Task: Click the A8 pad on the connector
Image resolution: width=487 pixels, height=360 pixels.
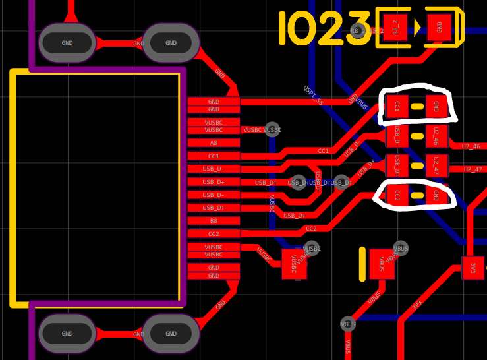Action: [214, 142]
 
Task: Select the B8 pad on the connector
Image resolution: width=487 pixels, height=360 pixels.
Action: [214, 221]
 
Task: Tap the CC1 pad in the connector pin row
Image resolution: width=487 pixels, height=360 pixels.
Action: [214, 156]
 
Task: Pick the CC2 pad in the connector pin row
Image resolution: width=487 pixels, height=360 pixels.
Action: [214, 233]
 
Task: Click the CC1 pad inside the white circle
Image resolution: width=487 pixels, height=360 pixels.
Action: [397, 105]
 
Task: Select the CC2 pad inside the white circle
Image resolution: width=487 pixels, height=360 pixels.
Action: [397, 195]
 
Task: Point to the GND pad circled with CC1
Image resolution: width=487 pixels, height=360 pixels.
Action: [436, 105]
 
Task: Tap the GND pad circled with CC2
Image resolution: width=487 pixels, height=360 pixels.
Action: [436, 195]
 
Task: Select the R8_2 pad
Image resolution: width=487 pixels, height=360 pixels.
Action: [395, 28]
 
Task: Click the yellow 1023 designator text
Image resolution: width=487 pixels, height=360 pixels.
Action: [324, 28]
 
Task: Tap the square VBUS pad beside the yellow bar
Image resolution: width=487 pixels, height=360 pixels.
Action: [380, 264]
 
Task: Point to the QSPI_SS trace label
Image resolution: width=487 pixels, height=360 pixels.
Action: [314, 95]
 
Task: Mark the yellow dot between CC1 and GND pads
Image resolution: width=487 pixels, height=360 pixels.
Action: [417, 106]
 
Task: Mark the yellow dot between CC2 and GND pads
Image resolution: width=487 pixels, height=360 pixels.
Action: [417, 195]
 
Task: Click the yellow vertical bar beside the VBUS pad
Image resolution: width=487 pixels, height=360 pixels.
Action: [362, 264]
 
